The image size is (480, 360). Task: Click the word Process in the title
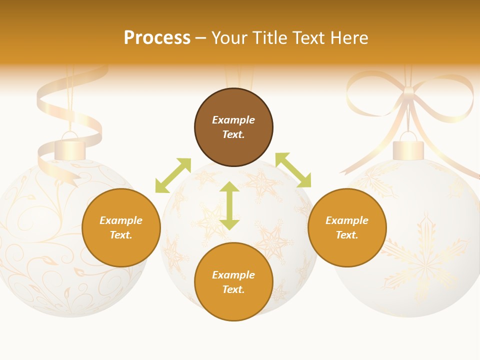(x=157, y=38)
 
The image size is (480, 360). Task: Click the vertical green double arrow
(x=229, y=205)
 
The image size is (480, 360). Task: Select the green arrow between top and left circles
(x=173, y=175)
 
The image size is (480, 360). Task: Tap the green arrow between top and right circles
(x=293, y=170)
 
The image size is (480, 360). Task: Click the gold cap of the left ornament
(x=70, y=150)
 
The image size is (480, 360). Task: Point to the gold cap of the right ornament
(x=408, y=150)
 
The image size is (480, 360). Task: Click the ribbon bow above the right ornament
(x=409, y=95)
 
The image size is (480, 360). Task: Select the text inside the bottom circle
(x=233, y=282)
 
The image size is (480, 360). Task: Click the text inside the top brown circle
(x=233, y=127)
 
